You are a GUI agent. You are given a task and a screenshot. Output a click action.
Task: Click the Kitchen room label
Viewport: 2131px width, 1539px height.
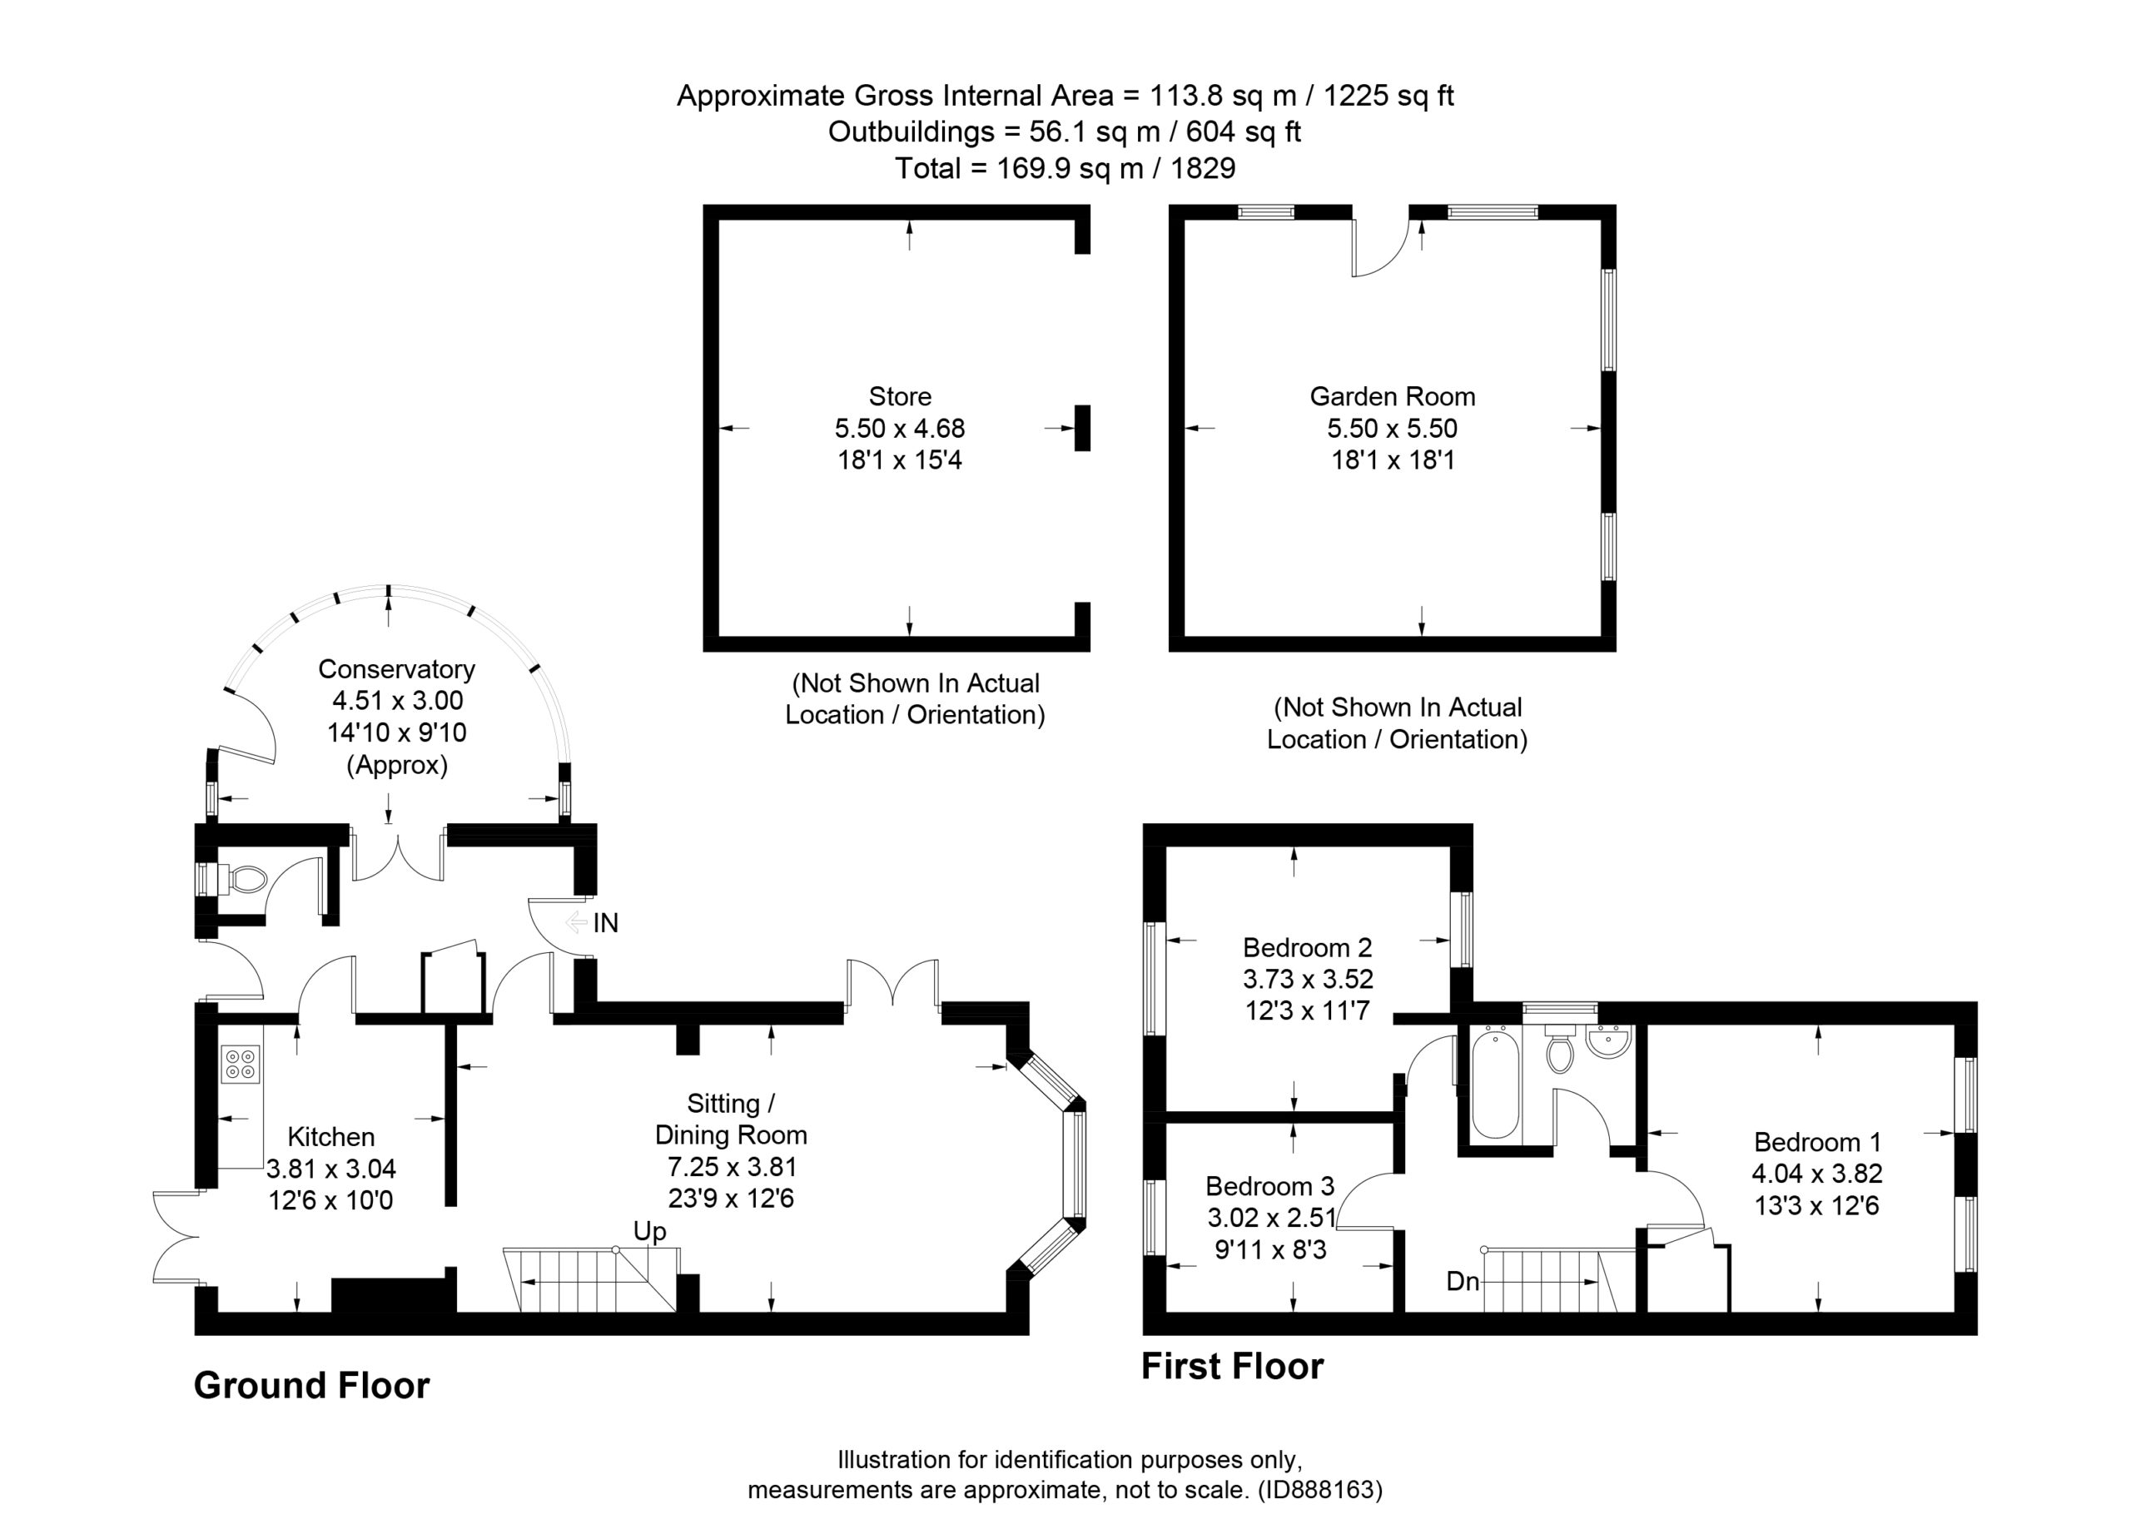tap(330, 1137)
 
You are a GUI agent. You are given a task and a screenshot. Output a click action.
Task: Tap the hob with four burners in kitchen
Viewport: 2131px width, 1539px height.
tap(241, 1064)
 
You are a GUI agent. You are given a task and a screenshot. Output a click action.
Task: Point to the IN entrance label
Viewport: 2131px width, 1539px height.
tap(605, 924)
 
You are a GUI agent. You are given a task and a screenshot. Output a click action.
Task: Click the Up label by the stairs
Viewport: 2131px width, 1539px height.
tap(649, 1231)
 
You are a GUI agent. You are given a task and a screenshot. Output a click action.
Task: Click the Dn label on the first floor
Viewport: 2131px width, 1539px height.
tap(1463, 1281)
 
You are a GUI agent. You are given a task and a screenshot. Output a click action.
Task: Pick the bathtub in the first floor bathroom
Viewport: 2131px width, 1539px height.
tap(1495, 1085)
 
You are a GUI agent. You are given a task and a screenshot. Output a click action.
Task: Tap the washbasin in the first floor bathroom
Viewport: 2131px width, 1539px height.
tap(1608, 1041)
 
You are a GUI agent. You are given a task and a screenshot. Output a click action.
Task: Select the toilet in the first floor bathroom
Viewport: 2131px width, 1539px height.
tap(1560, 1051)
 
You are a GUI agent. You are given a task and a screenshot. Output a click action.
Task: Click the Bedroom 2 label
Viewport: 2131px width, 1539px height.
tap(1307, 947)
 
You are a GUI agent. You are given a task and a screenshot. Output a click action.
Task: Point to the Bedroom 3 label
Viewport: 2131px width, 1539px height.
tap(1269, 1186)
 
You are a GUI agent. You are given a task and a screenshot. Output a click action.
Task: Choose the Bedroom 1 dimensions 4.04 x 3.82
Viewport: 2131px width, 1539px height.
tap(1816, 1174)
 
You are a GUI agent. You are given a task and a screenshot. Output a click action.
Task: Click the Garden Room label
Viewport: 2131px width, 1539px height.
tap(1393, 396)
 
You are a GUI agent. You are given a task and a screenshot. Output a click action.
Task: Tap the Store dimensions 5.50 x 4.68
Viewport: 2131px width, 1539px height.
tap(899, 429)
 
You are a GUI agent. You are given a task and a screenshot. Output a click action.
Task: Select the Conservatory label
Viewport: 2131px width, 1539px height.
tap(396, 669)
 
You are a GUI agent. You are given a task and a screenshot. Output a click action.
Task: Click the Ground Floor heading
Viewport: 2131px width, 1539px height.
tap(311, 1386)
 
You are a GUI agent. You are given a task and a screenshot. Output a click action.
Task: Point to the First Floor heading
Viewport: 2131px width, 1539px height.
tap(1232, 1366)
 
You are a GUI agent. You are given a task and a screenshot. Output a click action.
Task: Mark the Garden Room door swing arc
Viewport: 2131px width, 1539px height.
tap(1387, 258)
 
